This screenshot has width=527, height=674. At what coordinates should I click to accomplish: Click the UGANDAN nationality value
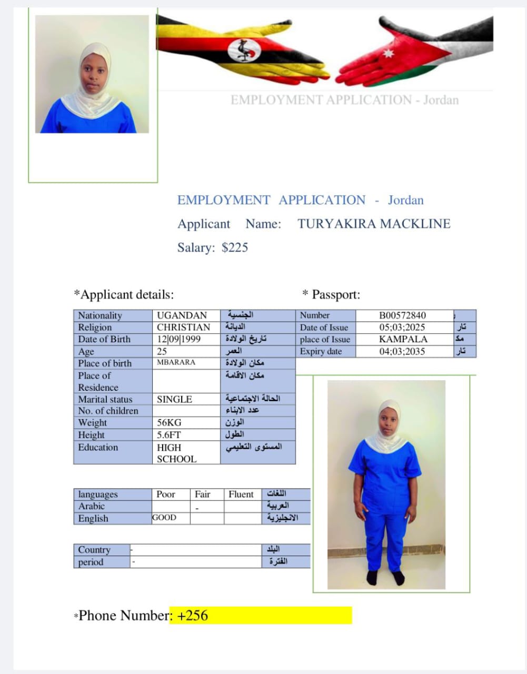click(x=182, y=315)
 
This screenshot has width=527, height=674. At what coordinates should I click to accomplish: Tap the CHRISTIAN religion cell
click(x=183, y=327)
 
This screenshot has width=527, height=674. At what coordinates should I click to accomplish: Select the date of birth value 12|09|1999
click(x=178, y=339)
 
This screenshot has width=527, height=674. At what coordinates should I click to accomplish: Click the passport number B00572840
click(x=402, y=315)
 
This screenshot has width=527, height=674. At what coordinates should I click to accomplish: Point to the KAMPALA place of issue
click(x=403, y=339)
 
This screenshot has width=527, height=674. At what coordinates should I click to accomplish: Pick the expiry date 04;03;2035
click(x=402, y=351)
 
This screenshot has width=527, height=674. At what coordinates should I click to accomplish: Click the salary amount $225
click(x=235, y=247)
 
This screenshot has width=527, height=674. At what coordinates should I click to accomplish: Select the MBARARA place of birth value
click(x=176, y=362)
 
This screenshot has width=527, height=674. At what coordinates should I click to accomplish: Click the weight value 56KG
click(x=168, y=422)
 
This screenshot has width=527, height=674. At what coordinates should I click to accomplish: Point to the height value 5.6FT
click(x=168, y=435)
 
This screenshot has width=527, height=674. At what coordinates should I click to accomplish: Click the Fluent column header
click(x=241, y=494)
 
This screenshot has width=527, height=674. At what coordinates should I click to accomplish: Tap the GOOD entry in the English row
click(x=164, y=518)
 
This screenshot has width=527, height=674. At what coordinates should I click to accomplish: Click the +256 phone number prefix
click(x=193, y=615)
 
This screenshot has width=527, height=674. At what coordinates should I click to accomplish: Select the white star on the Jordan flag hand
click(x=389, y=53)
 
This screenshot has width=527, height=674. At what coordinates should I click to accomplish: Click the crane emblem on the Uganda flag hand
click(x=243, y=51)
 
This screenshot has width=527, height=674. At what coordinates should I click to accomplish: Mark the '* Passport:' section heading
click(x=331, y=294)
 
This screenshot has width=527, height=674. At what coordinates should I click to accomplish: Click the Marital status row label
click(x=105, y=399)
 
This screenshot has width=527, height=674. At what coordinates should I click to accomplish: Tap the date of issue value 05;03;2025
click(x=402, y=327)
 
